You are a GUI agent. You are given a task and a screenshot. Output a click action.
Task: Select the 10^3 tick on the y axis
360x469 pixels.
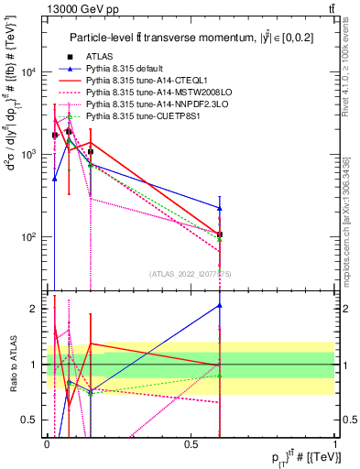click(28, 154)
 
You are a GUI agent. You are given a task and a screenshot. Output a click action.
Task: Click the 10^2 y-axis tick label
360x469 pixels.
click(28, 236)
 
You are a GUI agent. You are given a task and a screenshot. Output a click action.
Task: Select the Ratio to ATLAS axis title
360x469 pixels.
click(12, 365)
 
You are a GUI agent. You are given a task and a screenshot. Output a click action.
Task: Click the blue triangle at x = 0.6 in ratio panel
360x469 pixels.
click(220, 305)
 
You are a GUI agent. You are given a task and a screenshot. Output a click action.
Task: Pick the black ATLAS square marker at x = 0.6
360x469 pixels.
click(220, 234)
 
